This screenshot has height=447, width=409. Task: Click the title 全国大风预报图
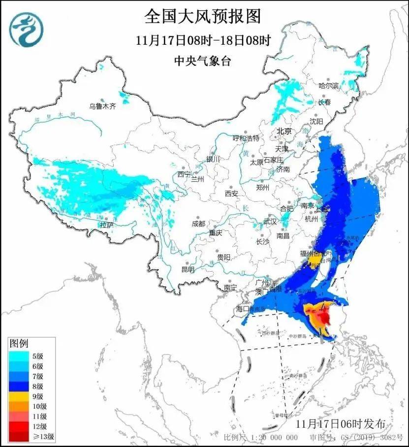pos(202,16)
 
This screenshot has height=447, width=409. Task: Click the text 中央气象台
pos(202,61)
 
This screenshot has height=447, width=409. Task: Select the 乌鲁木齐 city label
pos(102,106)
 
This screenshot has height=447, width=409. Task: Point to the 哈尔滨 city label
pos(329,85)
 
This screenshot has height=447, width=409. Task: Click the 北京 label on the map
pos(284,131)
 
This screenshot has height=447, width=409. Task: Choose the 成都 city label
pos(199,223)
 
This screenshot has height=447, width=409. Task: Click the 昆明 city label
pos(188,269)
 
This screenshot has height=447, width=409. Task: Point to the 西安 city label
pos(231,194)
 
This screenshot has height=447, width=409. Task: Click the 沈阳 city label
pos(316,121)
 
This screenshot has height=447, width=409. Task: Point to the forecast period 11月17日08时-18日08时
pos(203,41)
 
